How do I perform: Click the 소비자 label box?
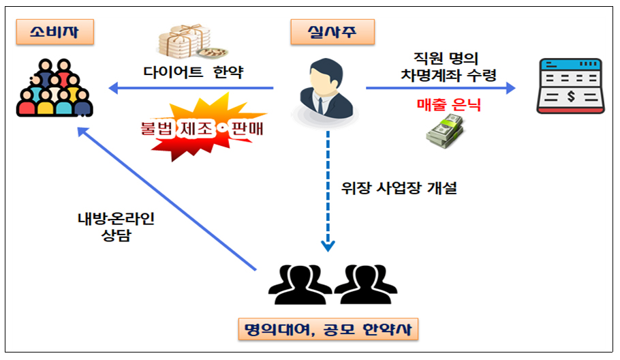(x=52, y=31)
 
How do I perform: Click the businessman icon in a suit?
(x=325, y=87)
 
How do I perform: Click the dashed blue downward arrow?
(x=328, y=191)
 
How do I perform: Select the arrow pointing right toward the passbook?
(x=440, y=88)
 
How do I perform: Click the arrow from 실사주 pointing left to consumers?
(x=191, y=88)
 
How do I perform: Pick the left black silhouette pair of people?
(x=297, y=283)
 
